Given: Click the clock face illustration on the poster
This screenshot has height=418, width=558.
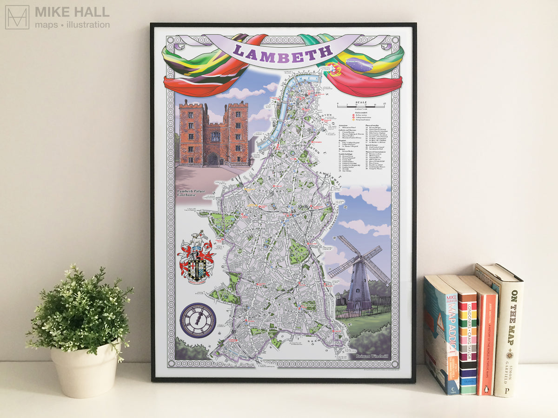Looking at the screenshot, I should [x=198, y=320].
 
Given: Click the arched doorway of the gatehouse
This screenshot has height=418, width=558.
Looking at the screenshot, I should [x=213, y=159].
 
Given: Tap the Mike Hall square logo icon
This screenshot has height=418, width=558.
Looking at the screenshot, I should [x=17, y=17].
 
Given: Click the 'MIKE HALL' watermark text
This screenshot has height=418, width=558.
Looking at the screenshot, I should [x=72, y=12].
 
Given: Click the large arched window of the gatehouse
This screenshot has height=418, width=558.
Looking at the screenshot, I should [x=215, y=136].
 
